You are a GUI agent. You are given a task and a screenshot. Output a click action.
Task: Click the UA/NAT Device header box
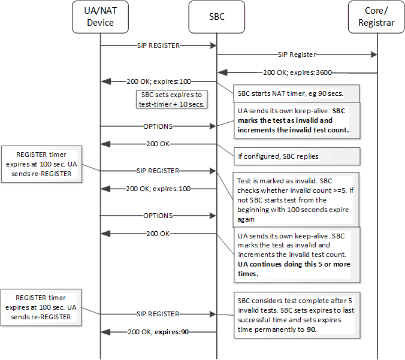100,17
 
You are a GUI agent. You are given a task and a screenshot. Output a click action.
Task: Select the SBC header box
216,17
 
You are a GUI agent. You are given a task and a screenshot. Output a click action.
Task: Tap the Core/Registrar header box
377,17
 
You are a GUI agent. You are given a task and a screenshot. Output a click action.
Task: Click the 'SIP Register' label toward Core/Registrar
297,55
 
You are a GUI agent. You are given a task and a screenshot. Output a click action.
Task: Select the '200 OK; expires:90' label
158,331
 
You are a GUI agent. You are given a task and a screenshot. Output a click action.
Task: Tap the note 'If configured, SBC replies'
297,156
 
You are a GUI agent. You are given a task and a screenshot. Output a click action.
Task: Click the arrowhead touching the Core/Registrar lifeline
373,55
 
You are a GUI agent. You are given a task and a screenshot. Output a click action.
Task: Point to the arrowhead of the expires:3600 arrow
221,72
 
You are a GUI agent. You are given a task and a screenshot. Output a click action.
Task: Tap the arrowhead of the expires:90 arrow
105,331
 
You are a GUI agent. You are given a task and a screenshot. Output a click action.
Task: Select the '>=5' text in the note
343,190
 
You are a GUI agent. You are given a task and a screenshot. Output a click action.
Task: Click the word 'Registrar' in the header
377,23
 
